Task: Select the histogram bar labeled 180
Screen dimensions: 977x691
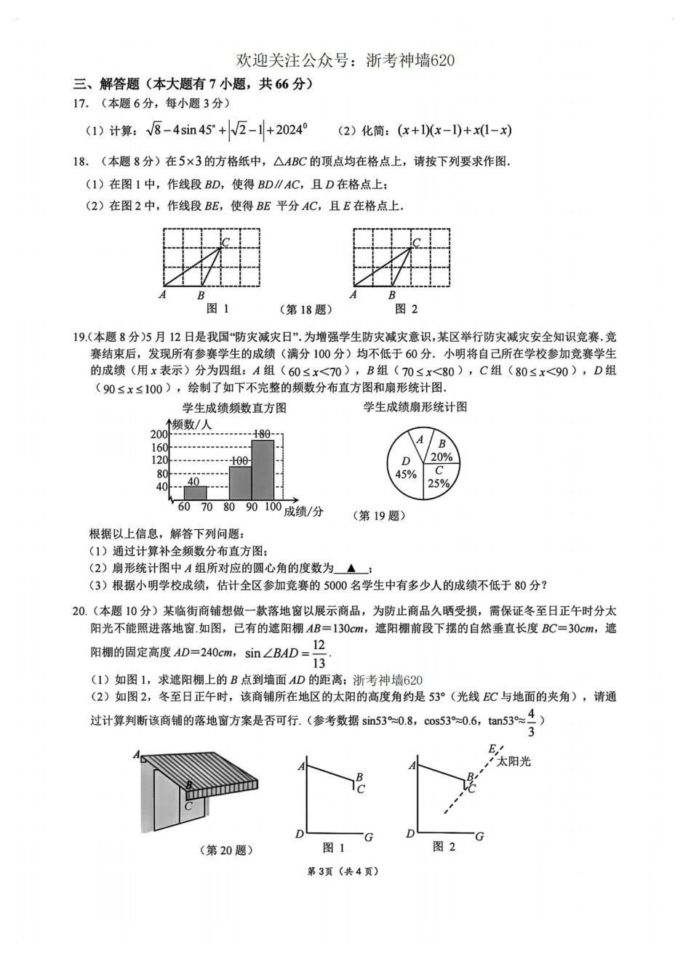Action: (263, 470)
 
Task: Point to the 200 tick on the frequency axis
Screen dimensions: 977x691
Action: (159, 435)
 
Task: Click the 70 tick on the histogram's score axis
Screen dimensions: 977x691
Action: (207, 507)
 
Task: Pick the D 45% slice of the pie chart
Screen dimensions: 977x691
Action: (404, 469)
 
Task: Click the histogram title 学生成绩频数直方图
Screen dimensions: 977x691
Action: (234, 408)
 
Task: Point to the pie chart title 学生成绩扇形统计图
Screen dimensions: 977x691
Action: (415, 407)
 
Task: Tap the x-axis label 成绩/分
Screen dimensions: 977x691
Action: (303, 512)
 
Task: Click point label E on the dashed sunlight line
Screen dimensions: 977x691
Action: (492, 749)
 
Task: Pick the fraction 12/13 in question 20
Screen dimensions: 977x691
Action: (319, 654)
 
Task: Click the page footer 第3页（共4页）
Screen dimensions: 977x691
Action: (344, 872)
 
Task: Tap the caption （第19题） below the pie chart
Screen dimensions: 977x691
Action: (379, 516)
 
